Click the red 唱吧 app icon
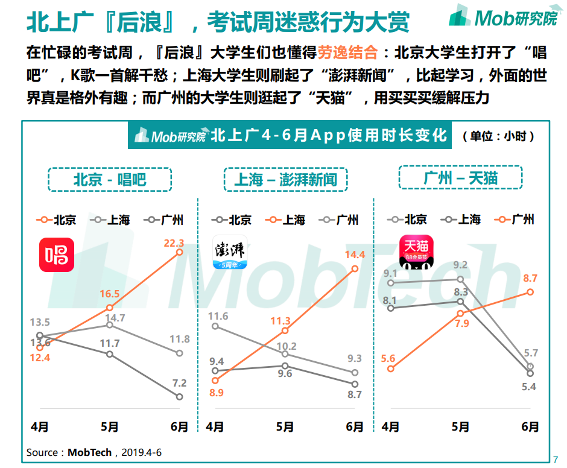57,255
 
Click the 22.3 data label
174,243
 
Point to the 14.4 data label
355,255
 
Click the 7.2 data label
179,383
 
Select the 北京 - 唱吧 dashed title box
110,179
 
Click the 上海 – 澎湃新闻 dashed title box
285,179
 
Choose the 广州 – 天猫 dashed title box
460,178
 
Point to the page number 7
556,457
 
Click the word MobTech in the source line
89,452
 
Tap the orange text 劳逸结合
349,52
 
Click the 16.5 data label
109,294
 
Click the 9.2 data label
460,265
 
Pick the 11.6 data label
218,316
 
